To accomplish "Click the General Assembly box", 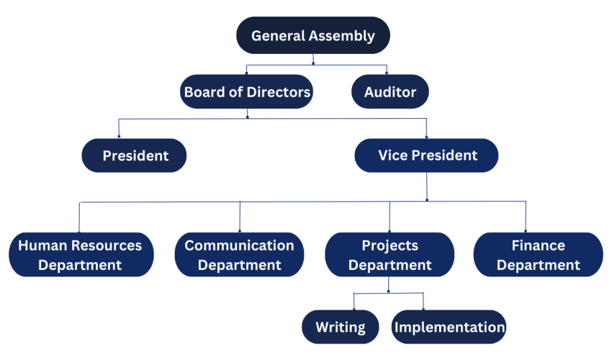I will [312, 35].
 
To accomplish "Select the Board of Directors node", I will [247, 92].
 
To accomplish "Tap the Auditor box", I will [390, 92].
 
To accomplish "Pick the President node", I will [135, 156].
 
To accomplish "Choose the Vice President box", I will [427, 156].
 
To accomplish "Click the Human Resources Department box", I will [80, 255].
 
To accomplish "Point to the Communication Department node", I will [239, 255].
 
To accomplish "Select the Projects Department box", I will [390, 255].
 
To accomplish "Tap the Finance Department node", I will [538, 255].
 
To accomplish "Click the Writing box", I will [340, 327].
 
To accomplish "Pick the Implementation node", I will [449, 327].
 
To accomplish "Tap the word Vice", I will [393, 156].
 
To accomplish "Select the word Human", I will [42, 246].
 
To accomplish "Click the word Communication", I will [239, 246].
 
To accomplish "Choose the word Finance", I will [538, 246].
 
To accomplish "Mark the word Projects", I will [390, 246].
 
